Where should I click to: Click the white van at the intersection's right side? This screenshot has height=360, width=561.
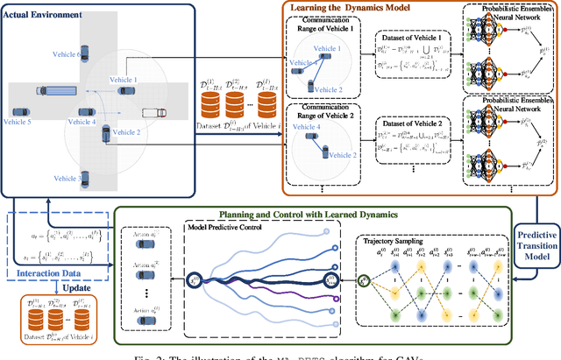point(153,112)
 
